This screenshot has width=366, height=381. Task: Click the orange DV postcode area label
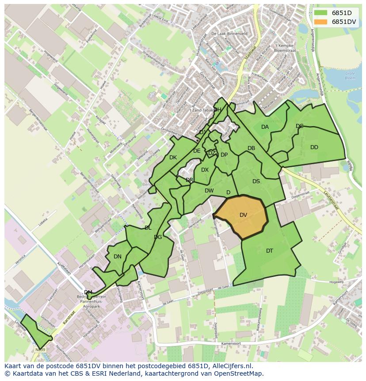(x=243, y=215)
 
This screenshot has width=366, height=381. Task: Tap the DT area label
(x=270, y=251)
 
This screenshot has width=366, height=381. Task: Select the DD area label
(x=314, y=147)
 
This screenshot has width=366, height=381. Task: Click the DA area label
(x=265, y=127)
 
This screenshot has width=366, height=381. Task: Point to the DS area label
(x=256, y=181)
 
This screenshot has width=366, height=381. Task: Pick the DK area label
(x=173, y=158)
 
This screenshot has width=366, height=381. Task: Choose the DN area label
(x=118, y=257)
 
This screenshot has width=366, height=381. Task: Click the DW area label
(x=209, y=191)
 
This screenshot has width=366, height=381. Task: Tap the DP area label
(x=224, y=155)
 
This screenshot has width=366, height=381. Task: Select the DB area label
(x=251, y=149)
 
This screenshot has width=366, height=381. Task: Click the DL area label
(x=148, y=228)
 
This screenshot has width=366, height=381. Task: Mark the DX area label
(x=205, y=170)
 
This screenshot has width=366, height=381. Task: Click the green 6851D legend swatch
(x=321, y=13)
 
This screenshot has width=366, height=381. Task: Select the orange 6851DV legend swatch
(x=321, y=22)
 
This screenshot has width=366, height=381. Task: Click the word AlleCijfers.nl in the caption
(x=231, y=366)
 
